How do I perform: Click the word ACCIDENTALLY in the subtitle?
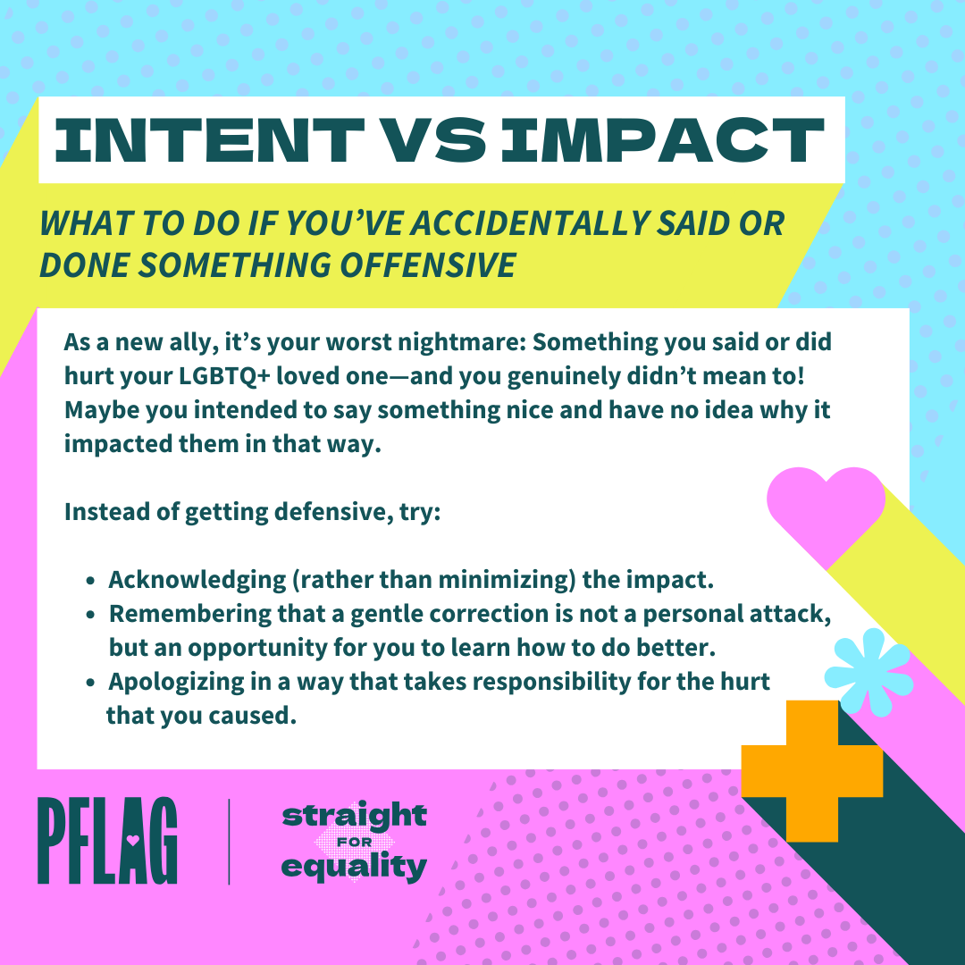529,222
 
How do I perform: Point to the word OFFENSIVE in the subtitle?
428,265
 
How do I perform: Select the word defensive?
333,511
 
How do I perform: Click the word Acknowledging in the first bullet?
197,581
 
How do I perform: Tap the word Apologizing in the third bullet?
175,682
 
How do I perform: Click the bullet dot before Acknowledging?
90,581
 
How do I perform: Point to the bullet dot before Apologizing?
90,683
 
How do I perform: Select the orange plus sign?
811,770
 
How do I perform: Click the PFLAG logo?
108,841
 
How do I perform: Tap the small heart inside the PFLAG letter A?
132,838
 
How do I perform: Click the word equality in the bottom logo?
354,867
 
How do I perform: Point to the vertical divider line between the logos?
229,842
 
